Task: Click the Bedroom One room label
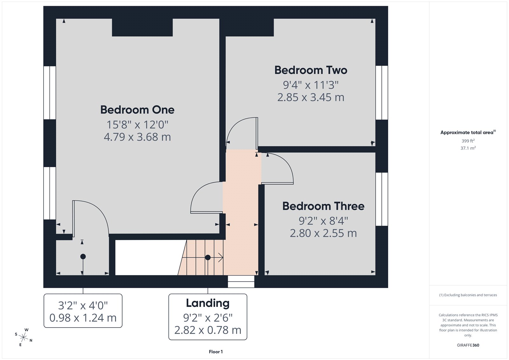point(137,110)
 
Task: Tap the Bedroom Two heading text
point(310,70)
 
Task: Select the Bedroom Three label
point(323,206)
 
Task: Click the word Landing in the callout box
point(207,303)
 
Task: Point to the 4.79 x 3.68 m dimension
point(137,137)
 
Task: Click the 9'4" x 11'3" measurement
point(310,85)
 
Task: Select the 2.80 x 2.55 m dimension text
point(323,233)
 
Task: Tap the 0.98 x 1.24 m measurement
point(83,318)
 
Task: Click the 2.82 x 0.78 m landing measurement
point(207,330)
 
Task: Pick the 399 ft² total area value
point(468,141)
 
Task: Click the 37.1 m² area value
point(468,148)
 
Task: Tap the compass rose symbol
point(23,337)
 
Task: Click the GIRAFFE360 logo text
point(468,345)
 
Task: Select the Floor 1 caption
point(216,352)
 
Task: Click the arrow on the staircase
point(220,257)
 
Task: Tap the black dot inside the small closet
point(83,256)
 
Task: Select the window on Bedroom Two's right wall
point(382,93)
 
